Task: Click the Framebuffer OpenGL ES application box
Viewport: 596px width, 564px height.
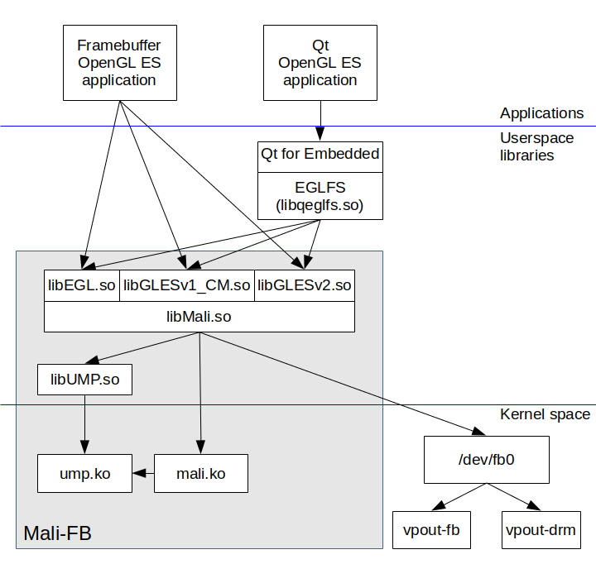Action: point(118,63)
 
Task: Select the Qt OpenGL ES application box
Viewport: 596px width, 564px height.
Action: point(320,63)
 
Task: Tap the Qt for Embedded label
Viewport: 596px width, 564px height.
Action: point(320,155)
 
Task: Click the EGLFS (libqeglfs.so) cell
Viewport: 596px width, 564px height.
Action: point(320,196)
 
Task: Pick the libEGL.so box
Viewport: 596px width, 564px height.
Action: point(82,286)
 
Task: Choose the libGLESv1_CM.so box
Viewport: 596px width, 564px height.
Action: point(186,286)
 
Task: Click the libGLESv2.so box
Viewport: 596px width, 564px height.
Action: point(305,286)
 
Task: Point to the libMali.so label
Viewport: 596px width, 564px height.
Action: point(199,317)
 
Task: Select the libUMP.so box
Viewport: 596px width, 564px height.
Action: point(85,380)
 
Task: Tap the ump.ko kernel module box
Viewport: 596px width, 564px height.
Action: point(85,474)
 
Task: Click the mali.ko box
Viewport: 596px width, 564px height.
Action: point(201,474)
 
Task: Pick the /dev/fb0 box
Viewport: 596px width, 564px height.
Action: point(487,461)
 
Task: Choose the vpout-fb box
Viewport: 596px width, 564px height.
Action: point(431,529)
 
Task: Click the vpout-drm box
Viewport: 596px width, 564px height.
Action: point(541,529)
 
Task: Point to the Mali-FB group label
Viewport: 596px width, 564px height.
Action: point(57,533)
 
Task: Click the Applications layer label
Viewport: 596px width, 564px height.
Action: point(541,113)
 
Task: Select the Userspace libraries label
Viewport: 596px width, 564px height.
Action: point(536,146)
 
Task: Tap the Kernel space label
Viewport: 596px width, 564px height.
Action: point(546,414)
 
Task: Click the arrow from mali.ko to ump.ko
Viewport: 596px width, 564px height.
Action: point(144,474)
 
